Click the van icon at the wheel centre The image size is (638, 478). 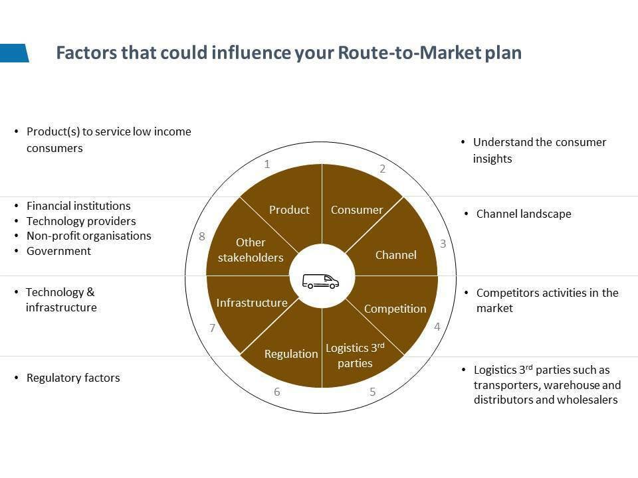click(321, 281)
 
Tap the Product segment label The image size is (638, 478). click(289, 210)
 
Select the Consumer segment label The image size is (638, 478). click(357, 210)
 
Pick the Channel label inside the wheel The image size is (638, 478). click(395, 255)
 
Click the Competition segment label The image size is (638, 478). click(395, 309)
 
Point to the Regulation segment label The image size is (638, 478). click(291, 354)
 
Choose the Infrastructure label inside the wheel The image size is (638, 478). click(252, 303)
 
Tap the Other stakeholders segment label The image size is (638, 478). click(251, 250)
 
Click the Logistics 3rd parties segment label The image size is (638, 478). click(355, 355)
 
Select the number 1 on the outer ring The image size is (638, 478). click(267, 164)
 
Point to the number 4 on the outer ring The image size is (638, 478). click(437, 327)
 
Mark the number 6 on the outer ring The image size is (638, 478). click(277, 392)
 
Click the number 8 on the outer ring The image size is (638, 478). click(202, 237)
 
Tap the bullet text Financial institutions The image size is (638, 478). click(78, 206)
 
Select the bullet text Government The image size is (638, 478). click(58, 251)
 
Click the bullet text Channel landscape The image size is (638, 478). click(524, 214)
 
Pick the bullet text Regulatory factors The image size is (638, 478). click(73, 378)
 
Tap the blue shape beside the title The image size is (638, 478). click(14, 53)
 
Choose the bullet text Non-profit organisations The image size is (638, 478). click(88, 236)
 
